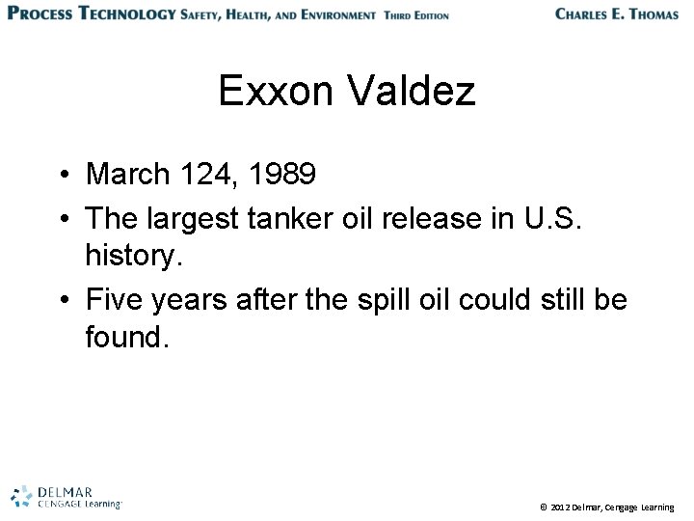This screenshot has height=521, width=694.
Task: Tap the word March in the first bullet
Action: pyautogui.click(x=124, y=175)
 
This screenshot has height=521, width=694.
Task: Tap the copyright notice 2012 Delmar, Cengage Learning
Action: pyautogui.click(x=607, y=506)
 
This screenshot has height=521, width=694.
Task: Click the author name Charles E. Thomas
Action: pyautogui.click(x=617, y=14)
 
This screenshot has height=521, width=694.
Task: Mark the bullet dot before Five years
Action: pyautogui.click(x=61, y=301)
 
